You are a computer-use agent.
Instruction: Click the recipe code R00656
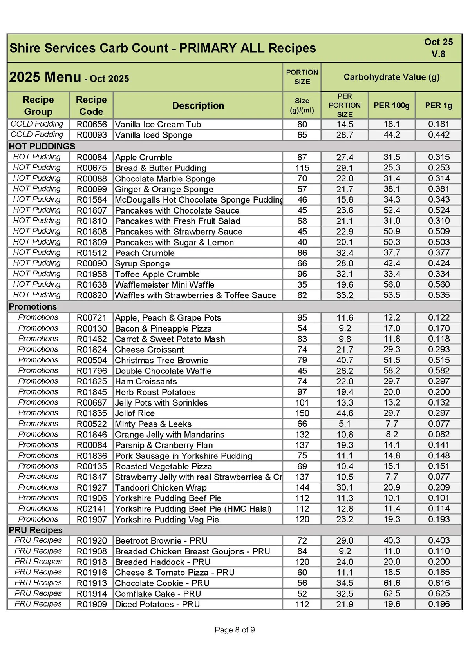tap(92, 125)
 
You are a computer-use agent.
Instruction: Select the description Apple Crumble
tap(143, 158)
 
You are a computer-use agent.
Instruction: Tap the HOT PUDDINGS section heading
tap(42, 146)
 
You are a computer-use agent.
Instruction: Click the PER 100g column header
tap(391, 105)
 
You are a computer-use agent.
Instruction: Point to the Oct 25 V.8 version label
tap(438, 48)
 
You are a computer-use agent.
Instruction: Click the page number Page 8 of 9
tap(235, 630)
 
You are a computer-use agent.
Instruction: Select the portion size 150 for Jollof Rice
tap(302, 413)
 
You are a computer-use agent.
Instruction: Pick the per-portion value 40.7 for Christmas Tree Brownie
tap(345, 360)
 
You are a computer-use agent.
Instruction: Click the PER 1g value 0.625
tap(439, 593)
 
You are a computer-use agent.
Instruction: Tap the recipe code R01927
tap(92, 487)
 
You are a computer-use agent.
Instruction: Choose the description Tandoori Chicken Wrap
tap(161, 487)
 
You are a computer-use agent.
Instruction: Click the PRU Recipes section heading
tap(36, 530)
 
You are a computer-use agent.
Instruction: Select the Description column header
tap(198, 106)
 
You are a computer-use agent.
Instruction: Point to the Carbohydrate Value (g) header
tap(391, 77)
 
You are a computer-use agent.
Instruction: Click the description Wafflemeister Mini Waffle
tap(164, 284)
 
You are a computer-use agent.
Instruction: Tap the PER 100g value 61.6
tap(391, 583)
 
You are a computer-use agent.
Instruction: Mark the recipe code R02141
tap(92, 509)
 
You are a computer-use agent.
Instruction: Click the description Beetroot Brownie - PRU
tap(161, 540)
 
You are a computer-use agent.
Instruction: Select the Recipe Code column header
tap(91, 106)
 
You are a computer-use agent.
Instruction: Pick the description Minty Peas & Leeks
tap(153, 424)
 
